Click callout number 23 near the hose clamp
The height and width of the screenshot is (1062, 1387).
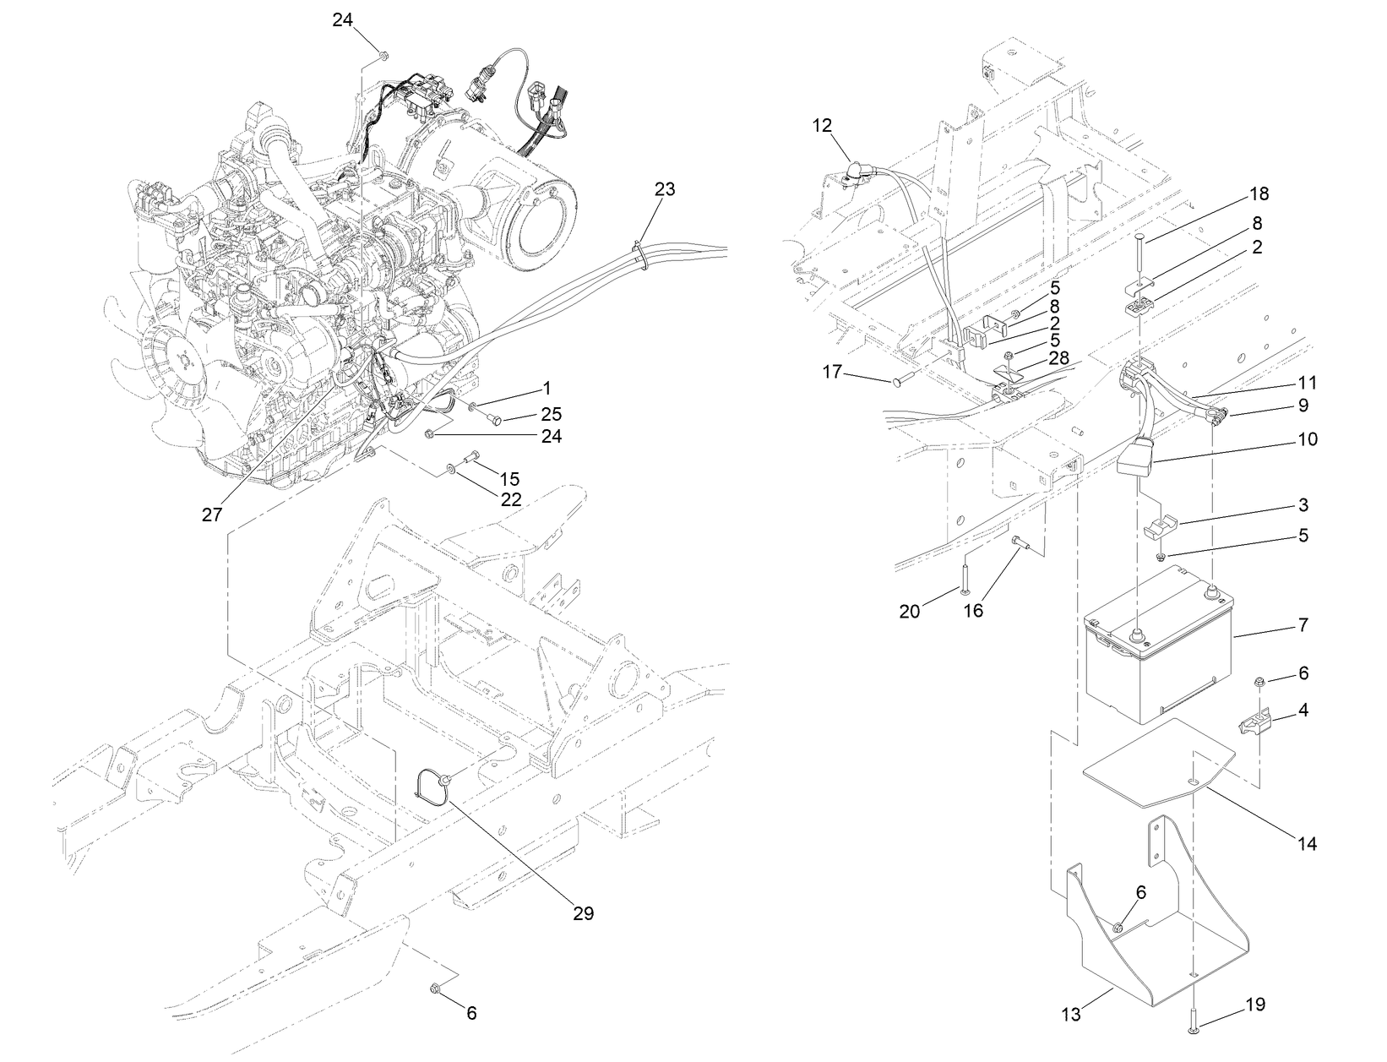(665, 189)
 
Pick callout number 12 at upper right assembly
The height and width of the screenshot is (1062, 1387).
(823, 126)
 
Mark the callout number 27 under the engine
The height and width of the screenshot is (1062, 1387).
(211, 515)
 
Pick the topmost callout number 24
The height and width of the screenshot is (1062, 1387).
(342, 21)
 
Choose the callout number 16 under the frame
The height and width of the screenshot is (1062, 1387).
(973, 610)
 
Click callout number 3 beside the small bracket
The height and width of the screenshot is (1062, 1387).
(1303, 505)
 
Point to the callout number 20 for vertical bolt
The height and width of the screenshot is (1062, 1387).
(909, 610)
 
